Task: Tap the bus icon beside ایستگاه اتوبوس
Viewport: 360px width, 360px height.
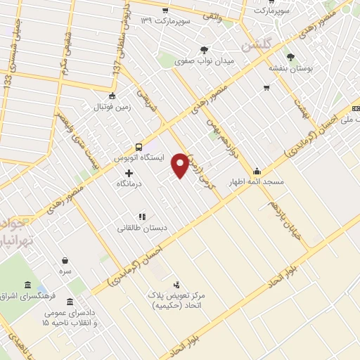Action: click(139, 147)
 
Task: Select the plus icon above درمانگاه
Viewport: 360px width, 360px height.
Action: click(129, 172)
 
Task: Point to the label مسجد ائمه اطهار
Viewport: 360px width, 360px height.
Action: click(255, 181)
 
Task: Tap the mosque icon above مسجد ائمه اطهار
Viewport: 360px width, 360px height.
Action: click(257, 170)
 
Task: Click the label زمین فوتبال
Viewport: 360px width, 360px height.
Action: click(111, 108)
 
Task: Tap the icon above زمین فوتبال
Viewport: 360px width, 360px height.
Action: click(111, 96)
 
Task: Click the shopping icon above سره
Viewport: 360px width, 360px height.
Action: click(65, 261)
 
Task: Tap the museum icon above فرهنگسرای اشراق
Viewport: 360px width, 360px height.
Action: click(27, 285)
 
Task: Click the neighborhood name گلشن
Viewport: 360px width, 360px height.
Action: click(256, 45)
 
